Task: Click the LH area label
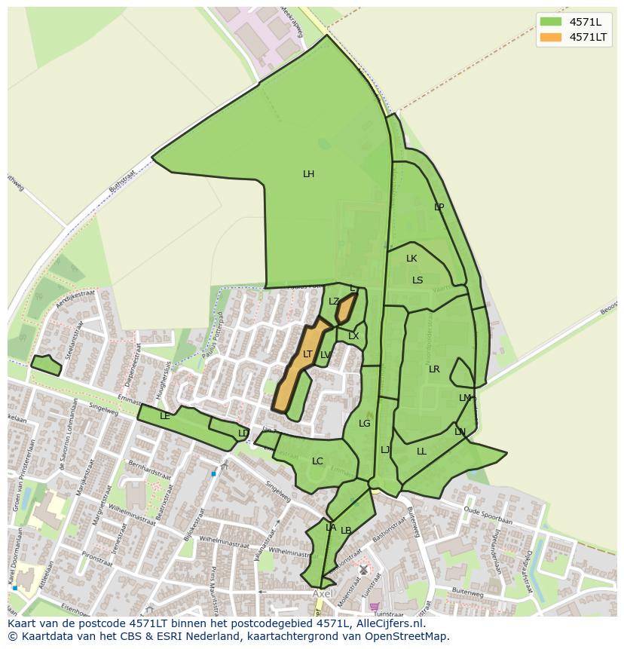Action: pyautogui.click(x=308, y=174)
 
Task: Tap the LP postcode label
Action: pyautogui.click(x=439, y=207)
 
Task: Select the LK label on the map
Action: pyautogui.click(x=411, y=259)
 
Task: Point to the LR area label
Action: pyautogui.click(x=434, y=369)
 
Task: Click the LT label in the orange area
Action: pyautogui.click(x=307, y=354)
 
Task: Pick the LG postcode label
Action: pyautogui.click(x=365, y=424)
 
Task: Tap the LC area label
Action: pyautogui.click(x=317, y=461)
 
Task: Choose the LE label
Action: pyautogui.click(x=165, y=416)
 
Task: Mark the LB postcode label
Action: pyautogui.click(x=346, y=531)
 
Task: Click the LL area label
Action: pyautogui.click(x=421, y=452)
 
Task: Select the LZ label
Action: pyautogui.click(x=334, y=302)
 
